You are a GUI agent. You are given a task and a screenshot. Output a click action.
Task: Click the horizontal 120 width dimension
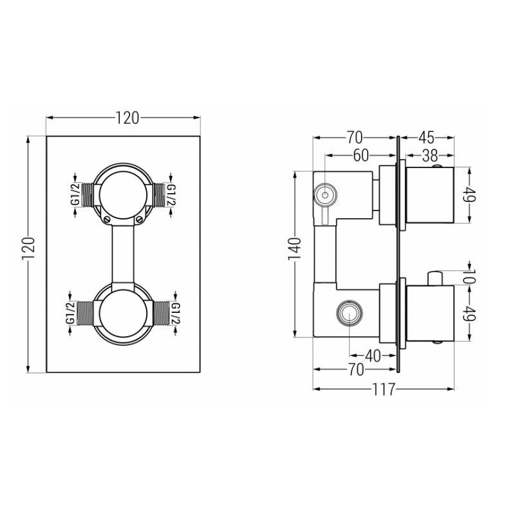click(127, 118)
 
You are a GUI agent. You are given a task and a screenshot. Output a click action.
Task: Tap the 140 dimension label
click(295, 248)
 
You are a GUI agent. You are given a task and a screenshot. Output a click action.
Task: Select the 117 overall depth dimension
click(384, 389)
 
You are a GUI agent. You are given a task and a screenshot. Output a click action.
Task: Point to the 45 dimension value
click(427, 138)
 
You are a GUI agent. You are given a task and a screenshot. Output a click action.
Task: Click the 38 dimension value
click(430, 155)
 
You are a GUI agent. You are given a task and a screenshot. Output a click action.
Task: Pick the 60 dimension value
click(361, 155)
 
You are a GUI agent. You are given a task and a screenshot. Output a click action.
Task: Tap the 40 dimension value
click(373, 355)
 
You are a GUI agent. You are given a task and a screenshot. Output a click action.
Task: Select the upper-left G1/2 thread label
click(75, 195)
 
